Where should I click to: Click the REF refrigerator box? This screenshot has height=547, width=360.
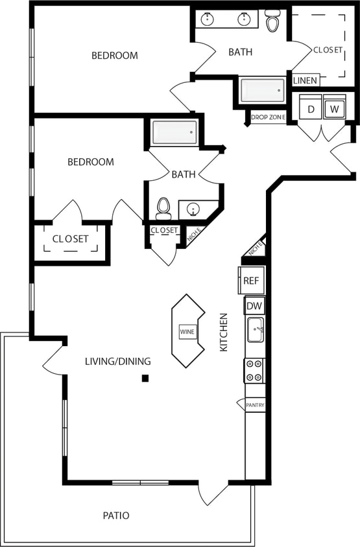coord(252,281)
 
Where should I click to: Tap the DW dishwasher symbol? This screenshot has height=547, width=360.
coord(254,306)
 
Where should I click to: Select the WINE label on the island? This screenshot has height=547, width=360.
coord(187,331)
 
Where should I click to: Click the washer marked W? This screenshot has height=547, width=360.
coord(335,109)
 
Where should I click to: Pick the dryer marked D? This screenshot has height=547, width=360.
coord(311,109)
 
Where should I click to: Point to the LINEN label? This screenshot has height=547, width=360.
coord(305,81)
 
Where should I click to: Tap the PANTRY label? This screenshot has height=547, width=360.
coord(255,405)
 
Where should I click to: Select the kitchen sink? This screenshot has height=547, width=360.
coord(256,330)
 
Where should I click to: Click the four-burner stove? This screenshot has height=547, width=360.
coord(254,370)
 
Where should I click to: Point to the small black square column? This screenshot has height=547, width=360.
coord(146,378)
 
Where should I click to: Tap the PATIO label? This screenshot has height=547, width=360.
coord(116,516)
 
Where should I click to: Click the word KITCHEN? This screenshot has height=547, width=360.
coord(224,332)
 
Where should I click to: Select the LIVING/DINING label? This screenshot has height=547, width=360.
coord(117,361)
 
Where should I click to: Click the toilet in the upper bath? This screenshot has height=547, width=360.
coord(272,21)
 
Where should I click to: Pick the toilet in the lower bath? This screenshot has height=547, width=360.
coord(163,208)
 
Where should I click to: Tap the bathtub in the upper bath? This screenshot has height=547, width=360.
coord(262,91)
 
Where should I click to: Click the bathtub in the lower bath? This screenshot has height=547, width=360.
coord(174,133)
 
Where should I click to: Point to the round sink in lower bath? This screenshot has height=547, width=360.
coord(193,209)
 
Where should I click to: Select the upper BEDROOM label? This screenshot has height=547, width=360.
coord(114,56)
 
